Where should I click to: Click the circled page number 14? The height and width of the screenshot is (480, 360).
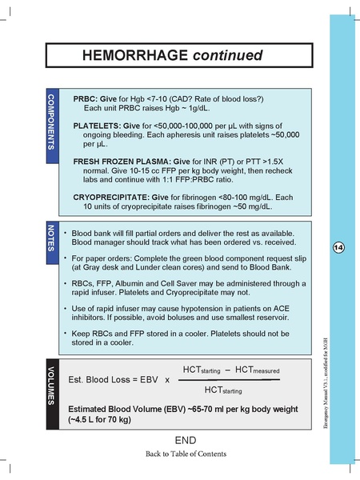click(338, 249)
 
